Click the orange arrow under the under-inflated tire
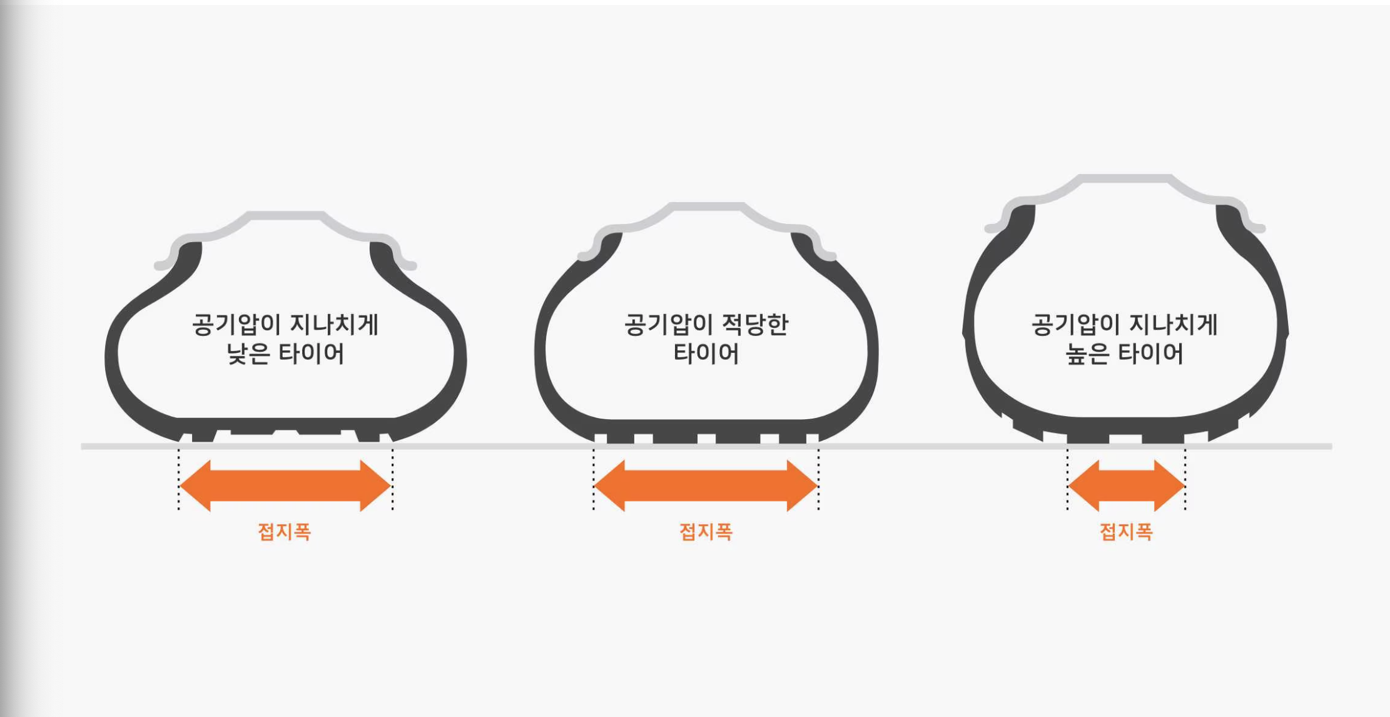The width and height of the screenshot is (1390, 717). click(285, 486)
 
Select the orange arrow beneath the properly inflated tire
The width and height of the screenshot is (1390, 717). click(706, 486)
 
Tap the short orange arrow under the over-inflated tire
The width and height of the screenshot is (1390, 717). click(1126, 486)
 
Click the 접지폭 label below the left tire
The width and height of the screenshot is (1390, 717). click(285, 532)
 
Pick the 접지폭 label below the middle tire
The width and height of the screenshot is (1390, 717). click(706, 532)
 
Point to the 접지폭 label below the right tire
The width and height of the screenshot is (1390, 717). click(1126, 532)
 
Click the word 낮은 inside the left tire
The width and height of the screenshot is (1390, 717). click(248, 354)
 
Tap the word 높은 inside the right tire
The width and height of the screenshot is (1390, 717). click(1087, 354)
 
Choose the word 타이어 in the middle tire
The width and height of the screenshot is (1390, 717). click(706, 354)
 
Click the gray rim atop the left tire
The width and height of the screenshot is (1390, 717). click(285, 216)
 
